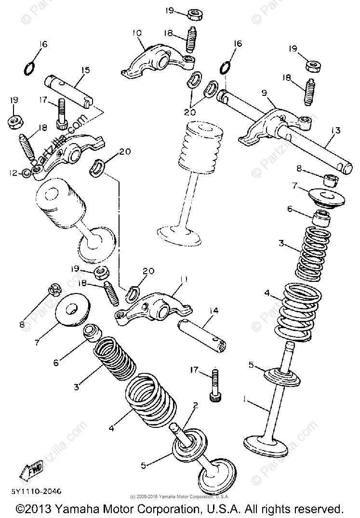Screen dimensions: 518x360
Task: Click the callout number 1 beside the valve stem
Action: pyautogui.click(x=245, y=398)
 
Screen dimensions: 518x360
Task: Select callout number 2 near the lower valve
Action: pyautogui.click(x=195, y=406)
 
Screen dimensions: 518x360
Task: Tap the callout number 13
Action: pyautogui.click(x=335, y=130)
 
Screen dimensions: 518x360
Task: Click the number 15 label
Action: pyautogui.click(x=85, y=70)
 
